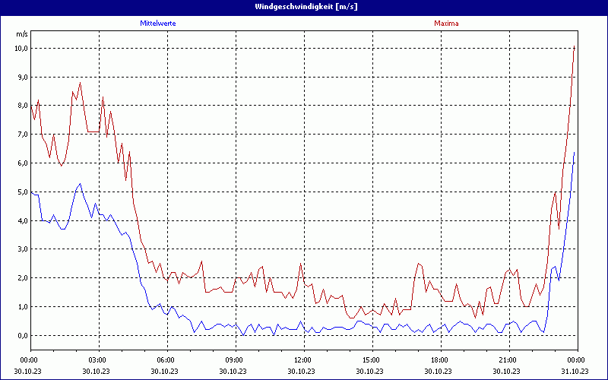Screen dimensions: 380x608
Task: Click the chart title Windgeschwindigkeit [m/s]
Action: coord(304,7)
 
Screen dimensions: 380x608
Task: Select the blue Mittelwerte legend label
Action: coord(158,24)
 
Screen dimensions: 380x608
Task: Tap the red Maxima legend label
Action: coord(446,24)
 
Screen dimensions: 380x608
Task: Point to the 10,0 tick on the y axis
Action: coord(21,48)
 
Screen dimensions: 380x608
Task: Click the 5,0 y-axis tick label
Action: coord(22,192)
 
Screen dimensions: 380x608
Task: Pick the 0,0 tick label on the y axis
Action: coord(22,335)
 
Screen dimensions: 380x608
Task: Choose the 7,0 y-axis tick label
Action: coord(22,135)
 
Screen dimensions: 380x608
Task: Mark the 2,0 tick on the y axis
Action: coord(22,278)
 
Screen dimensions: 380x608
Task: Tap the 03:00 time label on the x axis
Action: coord(98,359)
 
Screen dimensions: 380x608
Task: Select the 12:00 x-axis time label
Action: coord(302,359)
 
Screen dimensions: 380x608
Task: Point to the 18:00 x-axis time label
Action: coord(439,359)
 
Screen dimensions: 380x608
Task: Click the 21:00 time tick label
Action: coord(508,359)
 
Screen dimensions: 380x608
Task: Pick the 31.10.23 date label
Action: coord(575,371)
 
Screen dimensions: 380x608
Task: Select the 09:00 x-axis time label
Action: coord(234,359)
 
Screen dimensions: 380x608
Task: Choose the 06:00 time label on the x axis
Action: coord(166,359)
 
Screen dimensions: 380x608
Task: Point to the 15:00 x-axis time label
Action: coord(371,359)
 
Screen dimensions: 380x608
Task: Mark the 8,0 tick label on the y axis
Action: coord(22,106)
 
